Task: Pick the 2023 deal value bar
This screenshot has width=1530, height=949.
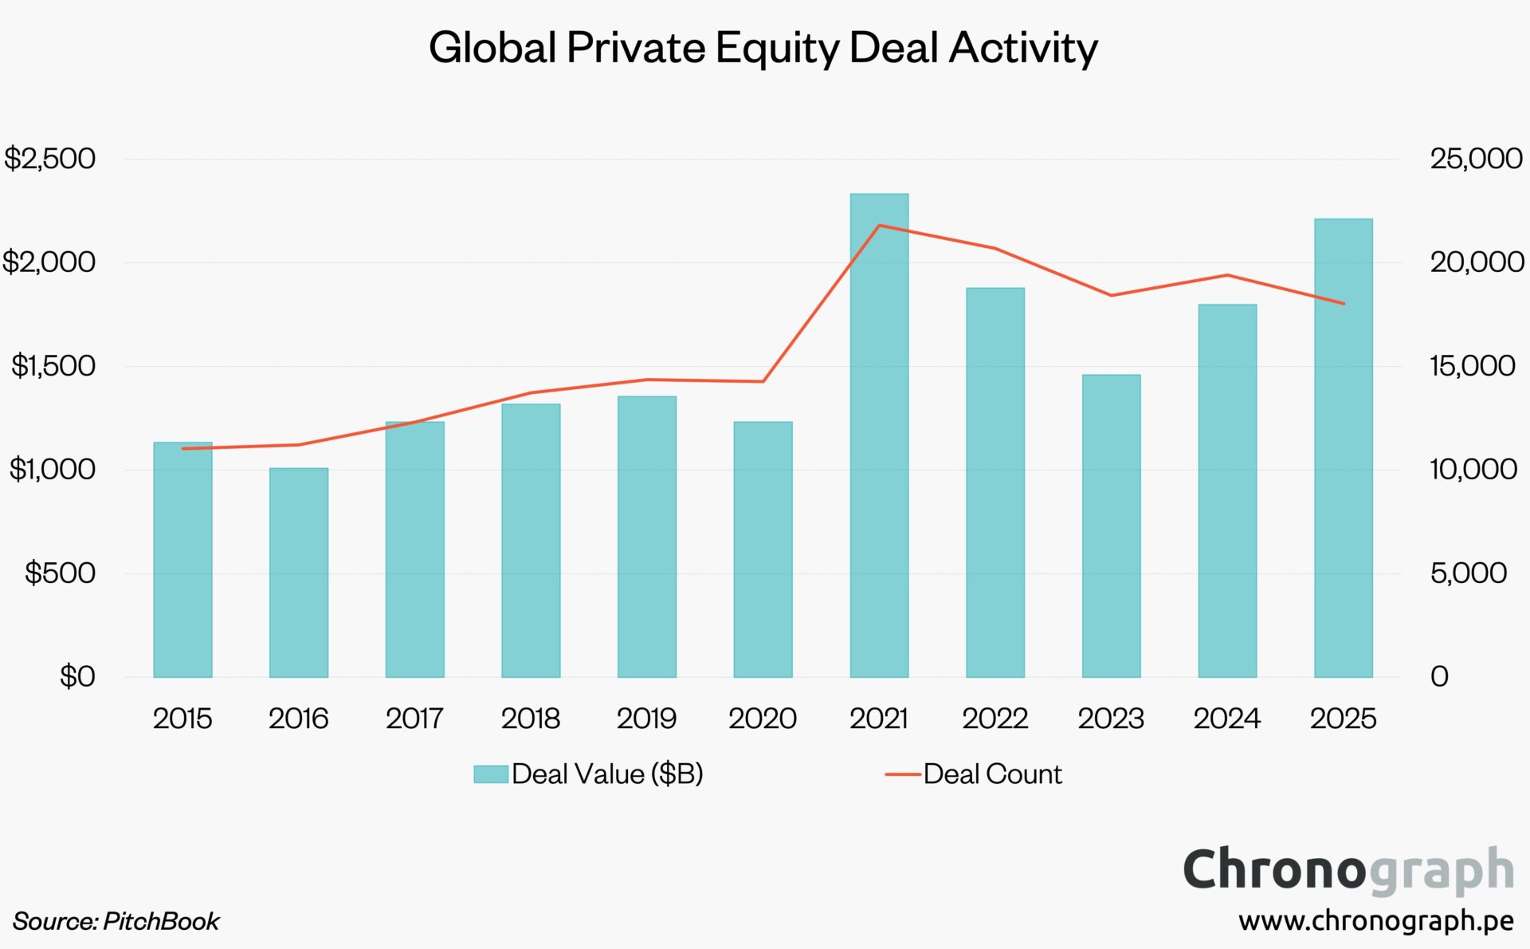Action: point(1111,526)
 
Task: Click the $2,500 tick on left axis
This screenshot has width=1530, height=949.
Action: point(49,159)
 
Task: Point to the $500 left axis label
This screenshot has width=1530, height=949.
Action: point(60,573)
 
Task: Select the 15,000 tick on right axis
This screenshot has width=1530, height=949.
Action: point(1472,366)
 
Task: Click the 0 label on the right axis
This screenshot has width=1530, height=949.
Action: point(1439,676)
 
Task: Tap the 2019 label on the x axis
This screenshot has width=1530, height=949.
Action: point(646,719)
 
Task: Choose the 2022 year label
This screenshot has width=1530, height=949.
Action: point(994,719)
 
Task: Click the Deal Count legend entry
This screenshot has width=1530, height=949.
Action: point(991,774)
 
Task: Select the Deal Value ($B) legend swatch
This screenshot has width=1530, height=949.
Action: point(491,774)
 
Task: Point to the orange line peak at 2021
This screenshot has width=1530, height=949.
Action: point(879,226)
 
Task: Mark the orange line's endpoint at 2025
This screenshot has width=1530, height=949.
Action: point(1344,303)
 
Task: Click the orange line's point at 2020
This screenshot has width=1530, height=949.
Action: point(763,381)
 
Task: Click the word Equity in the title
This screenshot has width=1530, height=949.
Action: point(777,48)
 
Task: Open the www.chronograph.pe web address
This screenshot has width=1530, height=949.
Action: point(1376,921)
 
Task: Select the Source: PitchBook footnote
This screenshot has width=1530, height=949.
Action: point(116,921)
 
